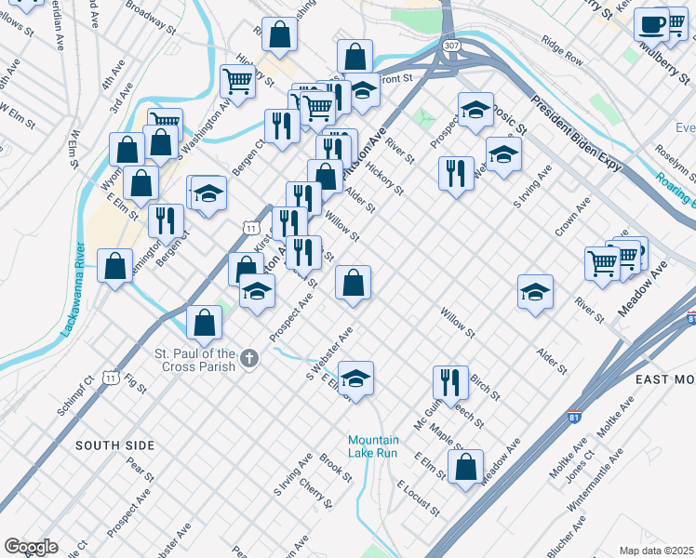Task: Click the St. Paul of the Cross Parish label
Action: (x=194, y=359)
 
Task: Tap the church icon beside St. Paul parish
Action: (x=248, y=358)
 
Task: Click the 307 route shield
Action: (x=451, y=45)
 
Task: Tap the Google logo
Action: (x=31, y=547)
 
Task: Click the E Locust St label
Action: (x=418, y=498)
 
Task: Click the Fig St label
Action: (x=135, y=381)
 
